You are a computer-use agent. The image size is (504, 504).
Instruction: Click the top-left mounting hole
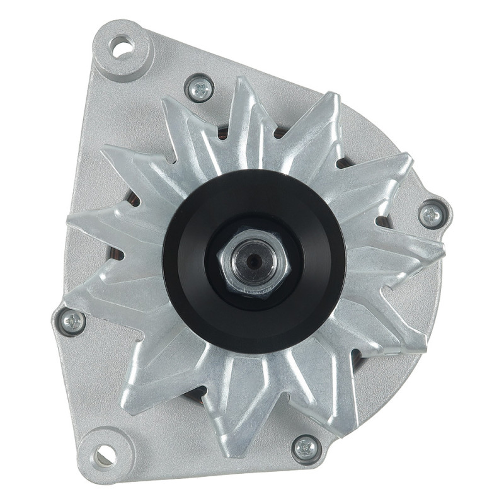(x=122, y=45)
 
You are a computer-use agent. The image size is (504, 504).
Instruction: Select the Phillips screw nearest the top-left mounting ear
(x=200, y=88)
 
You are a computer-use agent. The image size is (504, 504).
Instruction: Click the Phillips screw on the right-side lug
(x=432, y=214)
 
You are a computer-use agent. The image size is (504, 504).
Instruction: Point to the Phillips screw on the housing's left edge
(x=72, y=323)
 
